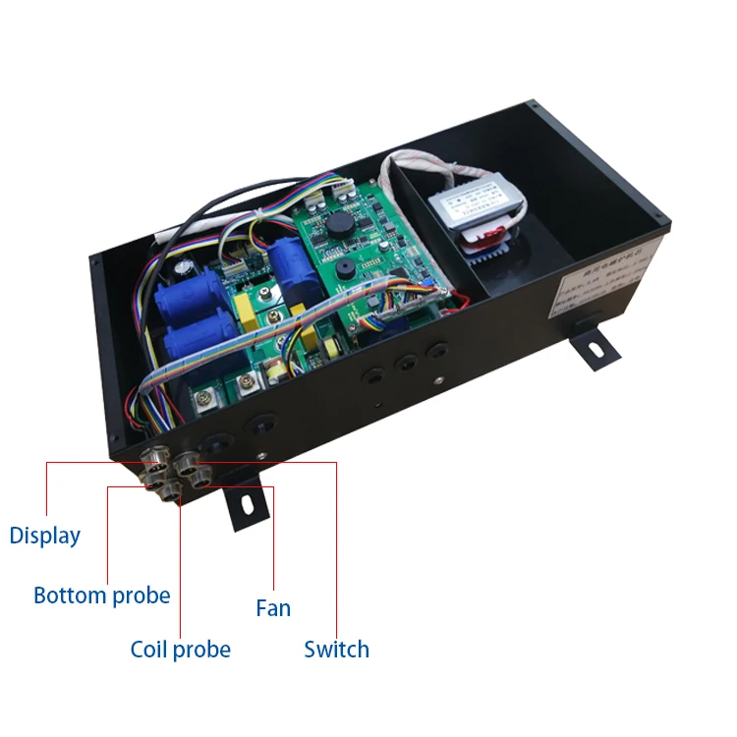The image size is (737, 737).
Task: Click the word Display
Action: pos(44,536)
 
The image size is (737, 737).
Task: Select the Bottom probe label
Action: pos(101,595)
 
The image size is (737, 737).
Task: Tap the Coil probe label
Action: pos(181,650)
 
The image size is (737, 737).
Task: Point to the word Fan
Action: pos(273,608)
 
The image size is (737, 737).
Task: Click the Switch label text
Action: pos(337,650)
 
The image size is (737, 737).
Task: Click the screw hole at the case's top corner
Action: pos(533,104)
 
